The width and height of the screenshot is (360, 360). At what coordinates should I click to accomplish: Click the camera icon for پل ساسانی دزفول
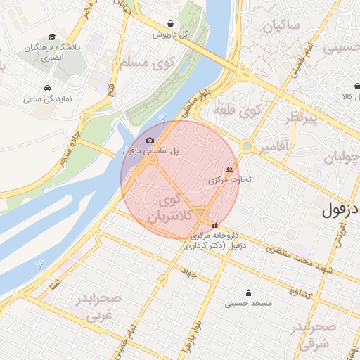(150, 140)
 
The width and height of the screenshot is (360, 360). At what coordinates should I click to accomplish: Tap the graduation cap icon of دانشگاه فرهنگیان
(52, 37)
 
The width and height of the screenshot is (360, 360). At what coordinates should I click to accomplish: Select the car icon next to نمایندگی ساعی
(46, 89)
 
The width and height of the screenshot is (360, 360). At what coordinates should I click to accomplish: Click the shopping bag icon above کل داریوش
(172, 22)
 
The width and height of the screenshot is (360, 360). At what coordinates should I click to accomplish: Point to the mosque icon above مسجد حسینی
(247, 293)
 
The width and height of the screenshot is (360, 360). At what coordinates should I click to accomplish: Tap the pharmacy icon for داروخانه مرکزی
(214, 225)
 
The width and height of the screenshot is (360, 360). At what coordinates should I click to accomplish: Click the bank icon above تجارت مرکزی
(229, 169)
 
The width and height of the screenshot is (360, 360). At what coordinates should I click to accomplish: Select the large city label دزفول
(340, 210)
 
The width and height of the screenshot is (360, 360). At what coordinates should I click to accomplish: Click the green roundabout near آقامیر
(247, 146)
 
